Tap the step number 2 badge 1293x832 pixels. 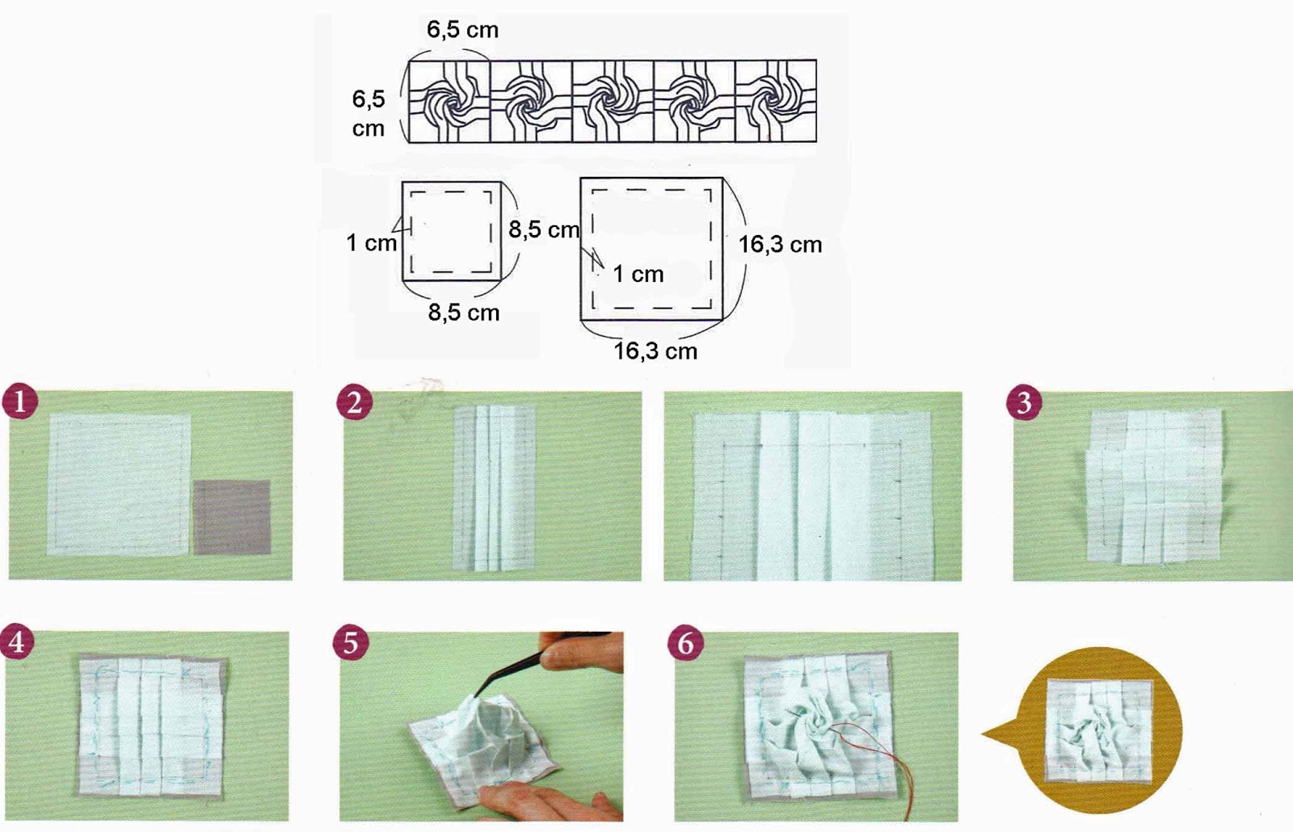(355, 401)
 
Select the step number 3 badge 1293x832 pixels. (1024, 401)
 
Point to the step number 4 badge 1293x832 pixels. (17, 641)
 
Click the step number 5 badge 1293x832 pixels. (351, 642)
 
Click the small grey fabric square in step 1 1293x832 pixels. (232, 517)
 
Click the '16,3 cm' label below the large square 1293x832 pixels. (655, 351)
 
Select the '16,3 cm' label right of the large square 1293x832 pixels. (781, 245)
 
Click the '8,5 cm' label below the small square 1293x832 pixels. (464, 313)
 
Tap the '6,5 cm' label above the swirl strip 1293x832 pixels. (462, 29)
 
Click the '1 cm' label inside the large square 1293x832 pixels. (638, 274)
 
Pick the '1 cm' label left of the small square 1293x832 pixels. (371, 243)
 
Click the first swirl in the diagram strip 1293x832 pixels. (449, 102)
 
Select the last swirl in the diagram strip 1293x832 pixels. (776, 102)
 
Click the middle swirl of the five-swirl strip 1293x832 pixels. (613, 102)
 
